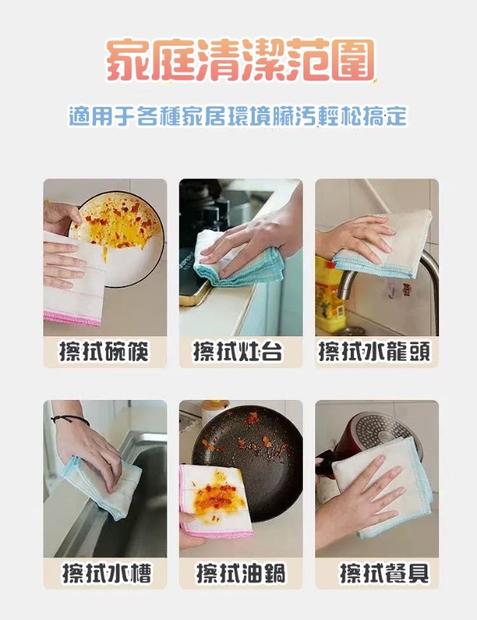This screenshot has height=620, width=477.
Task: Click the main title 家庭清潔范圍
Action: click(x=239, y=60)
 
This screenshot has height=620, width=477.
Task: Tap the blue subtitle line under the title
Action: click(x=238, y=115)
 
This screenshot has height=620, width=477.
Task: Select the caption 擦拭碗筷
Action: click(x=105, y=352)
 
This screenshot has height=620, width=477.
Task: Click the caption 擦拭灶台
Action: click(x=238, y=352)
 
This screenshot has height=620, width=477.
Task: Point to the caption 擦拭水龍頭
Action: click(x=374, y=352)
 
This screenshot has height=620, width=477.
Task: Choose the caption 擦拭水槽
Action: click(x=107, y=573)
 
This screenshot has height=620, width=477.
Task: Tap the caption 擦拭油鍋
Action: click(x=241, y=573)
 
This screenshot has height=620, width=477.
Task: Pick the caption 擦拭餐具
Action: click(x=384, y=573)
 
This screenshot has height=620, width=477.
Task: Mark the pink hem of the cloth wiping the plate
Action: click(x=72, y=318)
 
